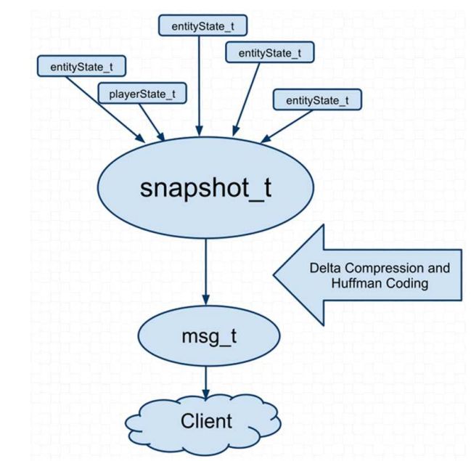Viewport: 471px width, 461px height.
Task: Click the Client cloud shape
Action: tap(207, 420)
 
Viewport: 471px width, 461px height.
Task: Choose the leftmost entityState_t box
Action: tap(81, 67)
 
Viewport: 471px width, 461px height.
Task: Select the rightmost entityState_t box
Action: tap(317, 99)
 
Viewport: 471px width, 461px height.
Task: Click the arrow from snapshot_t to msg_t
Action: tap(207, 269)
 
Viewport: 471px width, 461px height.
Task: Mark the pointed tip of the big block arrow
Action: tap(275, 274)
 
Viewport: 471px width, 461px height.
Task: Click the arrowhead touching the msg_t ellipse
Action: tap(207, 304)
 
